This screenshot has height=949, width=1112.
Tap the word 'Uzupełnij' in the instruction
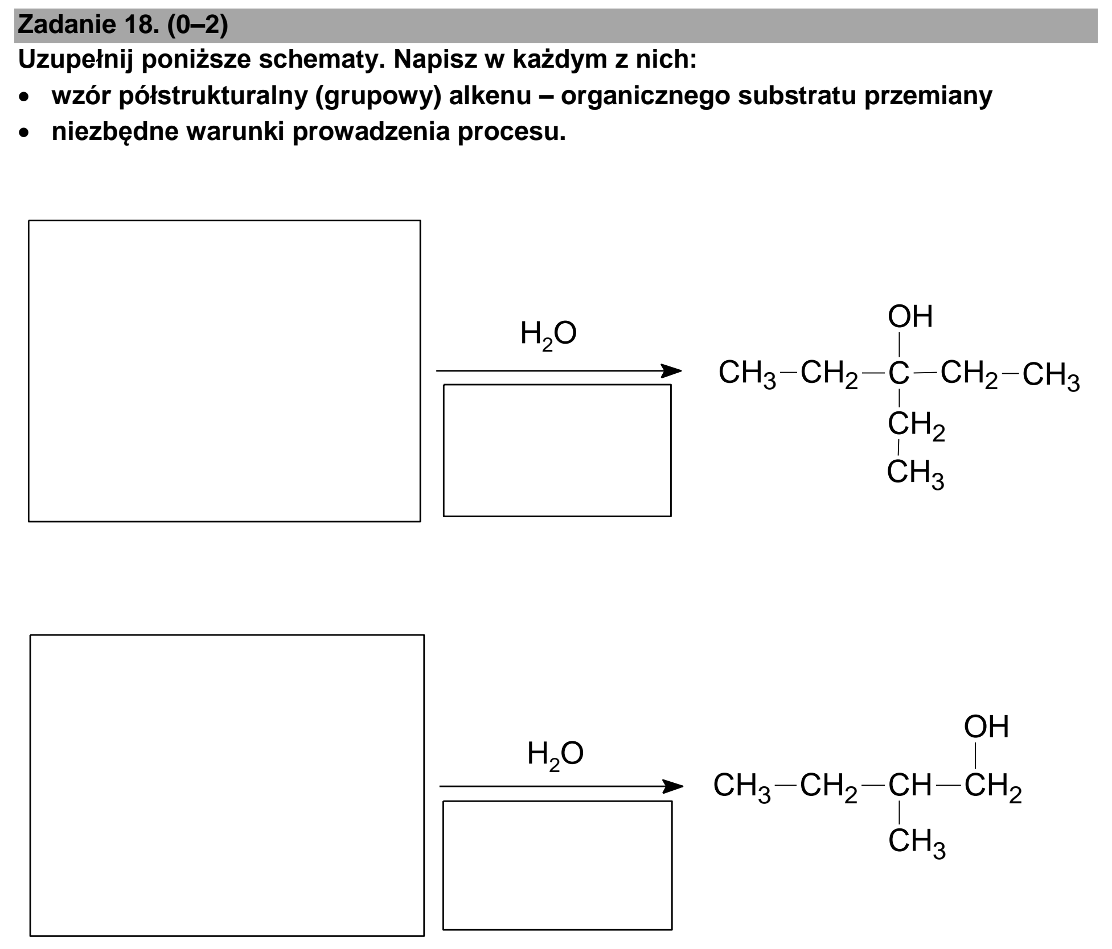click(75, 60)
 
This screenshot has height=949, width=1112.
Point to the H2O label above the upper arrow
click(548, 335)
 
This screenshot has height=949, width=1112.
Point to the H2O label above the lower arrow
click(555, 754)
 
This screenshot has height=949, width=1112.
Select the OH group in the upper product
click(910, 316)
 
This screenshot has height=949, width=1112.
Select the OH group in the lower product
click(986, 727)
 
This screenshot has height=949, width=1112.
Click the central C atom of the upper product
click(899, 373)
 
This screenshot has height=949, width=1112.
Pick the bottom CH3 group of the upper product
click(916, 473)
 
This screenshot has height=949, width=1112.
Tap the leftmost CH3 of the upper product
click(747, 374)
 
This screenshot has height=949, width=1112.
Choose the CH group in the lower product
click(910, 785)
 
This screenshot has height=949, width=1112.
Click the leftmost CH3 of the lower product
click(742, 787)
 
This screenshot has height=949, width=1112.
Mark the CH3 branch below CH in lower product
click(917, 843)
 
